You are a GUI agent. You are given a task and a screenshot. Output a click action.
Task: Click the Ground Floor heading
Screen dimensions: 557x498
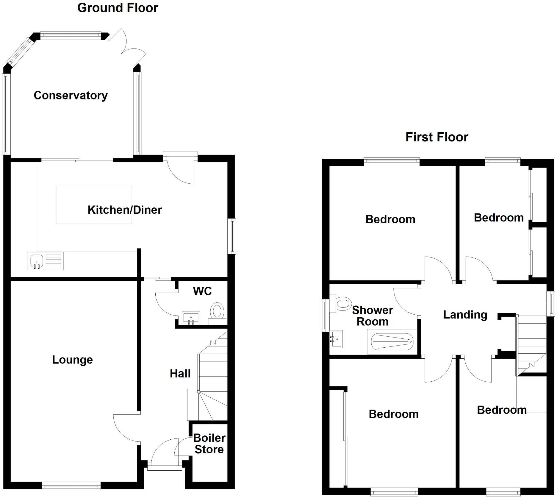pos(118,8)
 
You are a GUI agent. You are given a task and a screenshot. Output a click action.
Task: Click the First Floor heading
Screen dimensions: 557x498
pos(436,137)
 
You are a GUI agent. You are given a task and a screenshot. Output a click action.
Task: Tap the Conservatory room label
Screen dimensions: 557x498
pos(71,96)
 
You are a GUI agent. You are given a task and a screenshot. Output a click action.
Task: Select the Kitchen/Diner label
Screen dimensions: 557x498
pos(125,210)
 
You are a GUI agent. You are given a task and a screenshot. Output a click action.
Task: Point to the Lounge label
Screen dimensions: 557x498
pos(72,360)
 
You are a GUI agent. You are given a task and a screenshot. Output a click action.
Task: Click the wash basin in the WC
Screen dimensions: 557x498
pos(191,318)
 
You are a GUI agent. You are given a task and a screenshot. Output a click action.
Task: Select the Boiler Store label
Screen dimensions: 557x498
pos(209,444)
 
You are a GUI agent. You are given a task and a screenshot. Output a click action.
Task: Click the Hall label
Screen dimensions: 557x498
pos(180,374)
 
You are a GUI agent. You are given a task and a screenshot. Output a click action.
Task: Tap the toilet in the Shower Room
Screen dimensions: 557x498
pos(342,303)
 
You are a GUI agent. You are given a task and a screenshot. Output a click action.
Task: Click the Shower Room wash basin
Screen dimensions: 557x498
pos(336,339)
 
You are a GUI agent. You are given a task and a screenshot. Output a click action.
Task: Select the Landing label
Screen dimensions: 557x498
pos(465,315)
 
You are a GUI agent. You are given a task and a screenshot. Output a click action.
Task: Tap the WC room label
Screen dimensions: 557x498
pos(202,291)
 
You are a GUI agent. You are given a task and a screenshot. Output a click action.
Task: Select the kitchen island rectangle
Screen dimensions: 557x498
pos(94,205)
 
